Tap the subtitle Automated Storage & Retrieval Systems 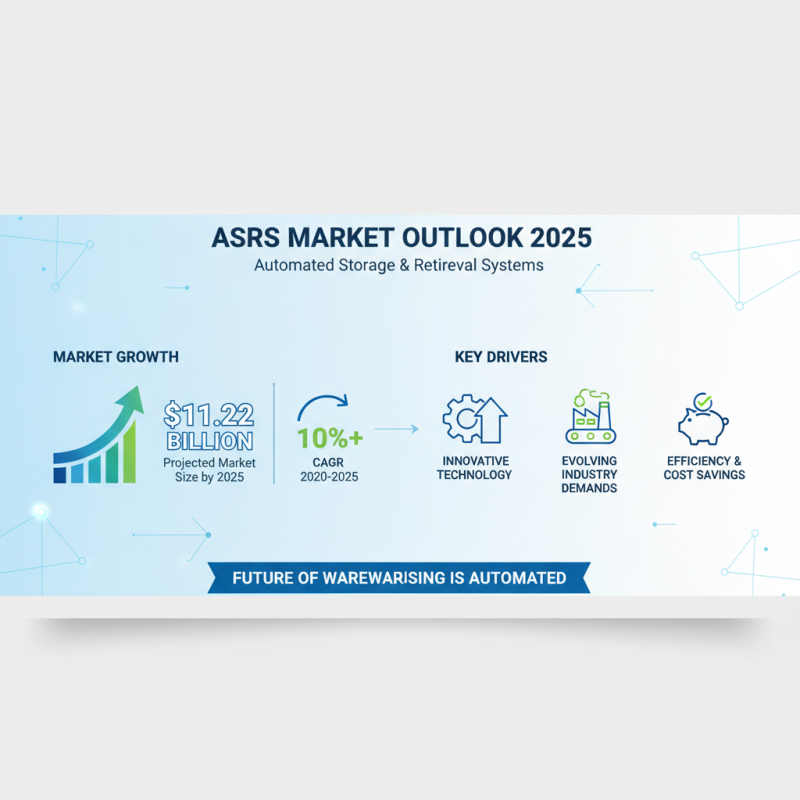(x=399, y=267)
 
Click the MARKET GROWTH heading (x=116, y=357)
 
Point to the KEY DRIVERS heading (x=500, y=357)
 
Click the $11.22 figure (x=209, y=414)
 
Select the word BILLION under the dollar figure (x=209, y=441)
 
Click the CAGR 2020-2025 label (x=328, y=469)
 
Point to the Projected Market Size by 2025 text (x=209, y=470)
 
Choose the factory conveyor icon (x=590, y=418)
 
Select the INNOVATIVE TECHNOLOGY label (x=476, y=467)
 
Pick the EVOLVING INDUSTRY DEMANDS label (x=590, y=474)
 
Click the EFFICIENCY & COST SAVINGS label (x=704, y=467)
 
